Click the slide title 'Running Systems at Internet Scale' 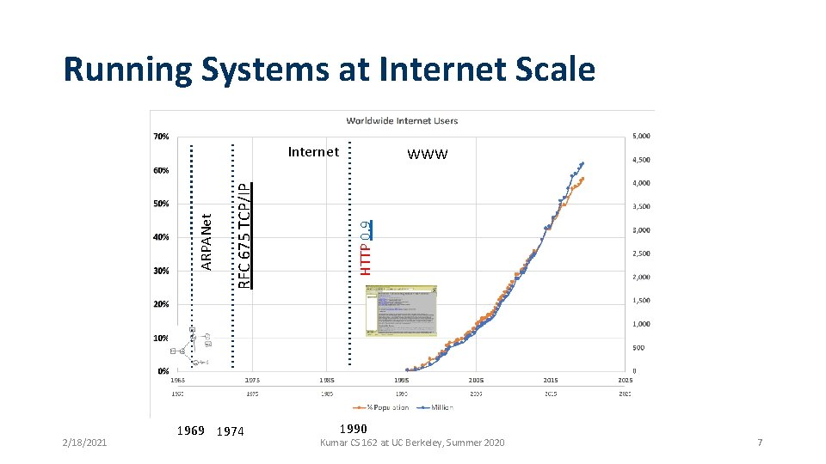click(x=329, y=69)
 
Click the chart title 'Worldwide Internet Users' click(x=402, y=120)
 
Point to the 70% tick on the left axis click(x=161, y=137)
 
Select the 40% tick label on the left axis click(x=161, y=237)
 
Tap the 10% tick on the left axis click(x=161, y=338)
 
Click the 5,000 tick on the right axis click(x=643, y=137)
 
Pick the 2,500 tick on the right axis click(x=643, y=253)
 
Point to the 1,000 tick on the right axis click(x=643, y=324)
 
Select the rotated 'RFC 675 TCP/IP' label click(x=243, y=232)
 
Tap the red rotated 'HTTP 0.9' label click(x=366, y=244)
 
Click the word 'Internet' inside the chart click(x=313, y=152)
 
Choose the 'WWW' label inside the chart click(x=428, y=155)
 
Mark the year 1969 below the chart click(x=189, y=430)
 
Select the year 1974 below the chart click(x=231, y=431)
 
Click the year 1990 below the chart click(x=353, y=429)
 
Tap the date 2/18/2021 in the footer click(x=84, y=443)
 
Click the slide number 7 click(x=760, y=443)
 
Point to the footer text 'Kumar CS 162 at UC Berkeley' click(x=412, y=443)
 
